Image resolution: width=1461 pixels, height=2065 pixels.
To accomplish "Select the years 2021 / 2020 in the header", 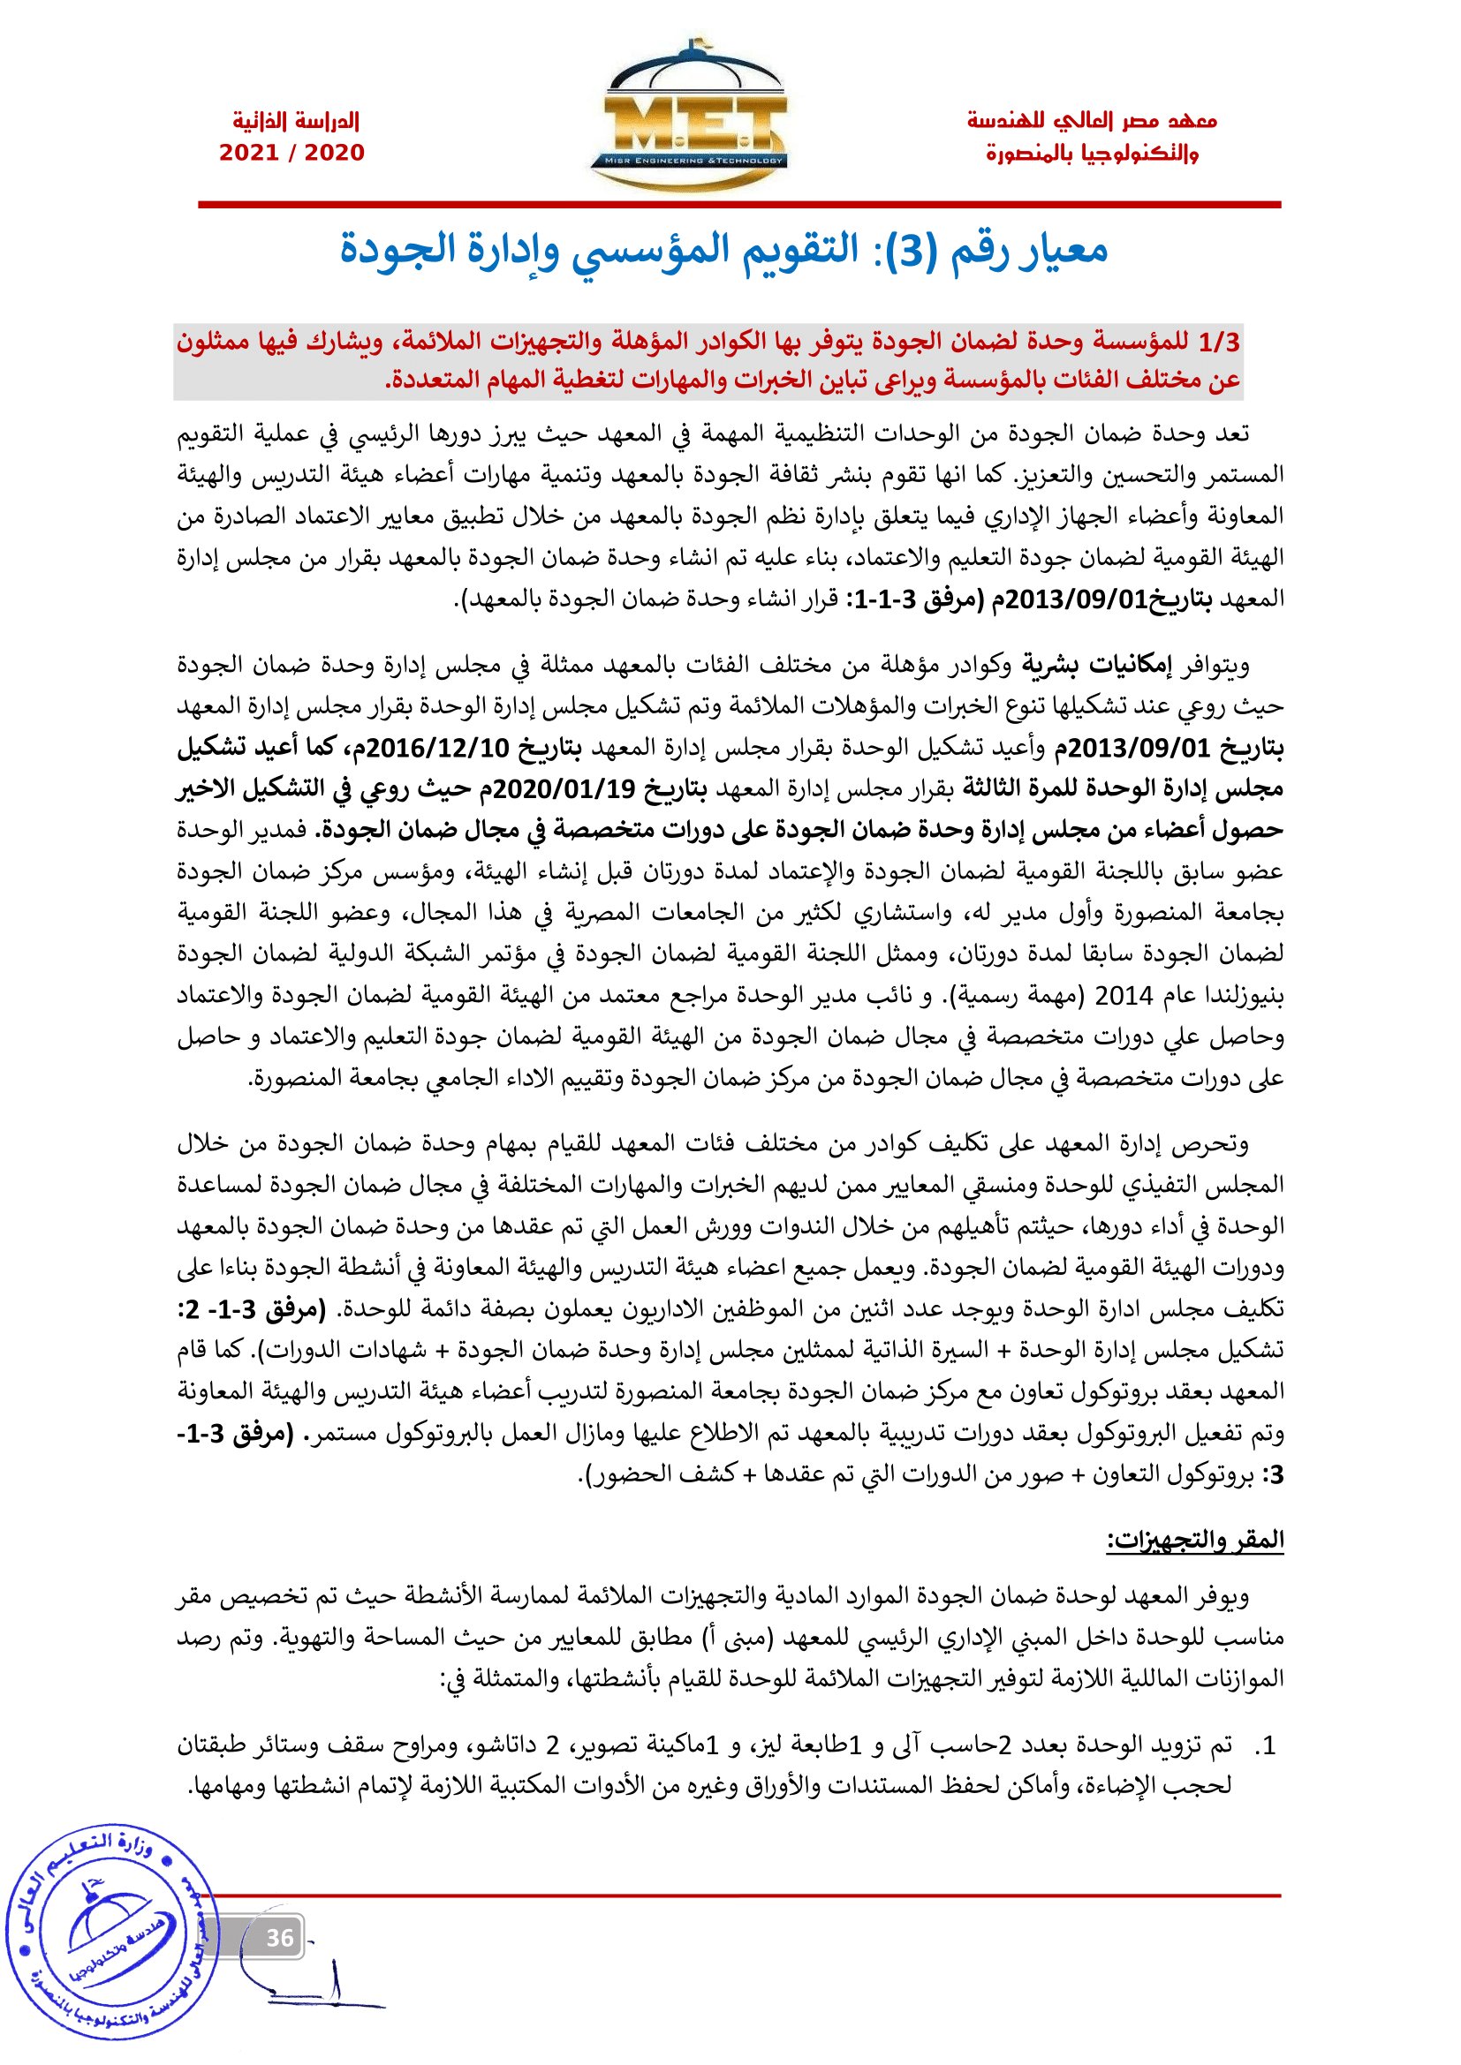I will click(292, 153).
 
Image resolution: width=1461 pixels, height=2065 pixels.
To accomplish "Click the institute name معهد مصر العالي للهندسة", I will click(1091, 121).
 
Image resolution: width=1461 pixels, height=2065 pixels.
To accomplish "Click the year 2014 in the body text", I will click(1124, 996).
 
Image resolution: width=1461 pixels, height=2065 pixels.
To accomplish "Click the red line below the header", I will click(738, 205).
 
